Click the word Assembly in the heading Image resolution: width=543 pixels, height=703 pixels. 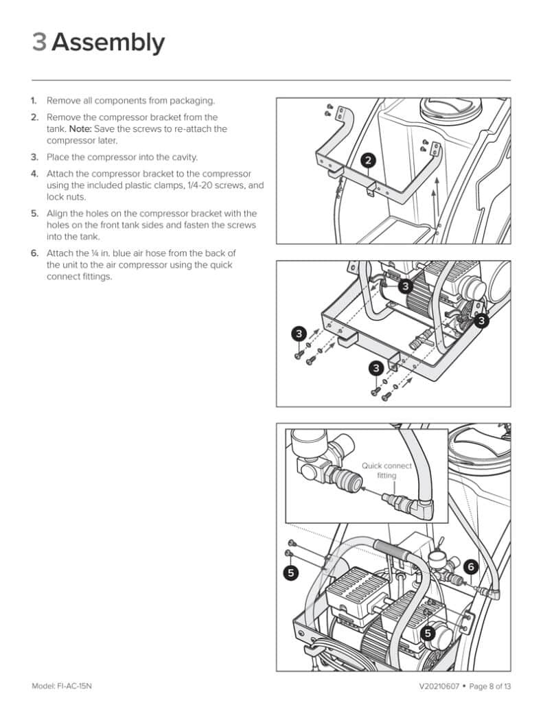108,43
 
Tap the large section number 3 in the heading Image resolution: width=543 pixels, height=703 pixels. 39,43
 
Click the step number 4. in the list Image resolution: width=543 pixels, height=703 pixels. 34,174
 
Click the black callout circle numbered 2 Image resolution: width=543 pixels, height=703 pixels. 369,161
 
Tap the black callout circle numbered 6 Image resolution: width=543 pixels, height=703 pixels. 470,567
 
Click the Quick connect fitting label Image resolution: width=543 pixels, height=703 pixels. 386,470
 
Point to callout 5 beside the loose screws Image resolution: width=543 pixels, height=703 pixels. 291,571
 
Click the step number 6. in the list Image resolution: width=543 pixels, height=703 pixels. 34,253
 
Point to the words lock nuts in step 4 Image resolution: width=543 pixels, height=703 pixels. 63,197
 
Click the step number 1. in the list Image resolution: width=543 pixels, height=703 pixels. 34,101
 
